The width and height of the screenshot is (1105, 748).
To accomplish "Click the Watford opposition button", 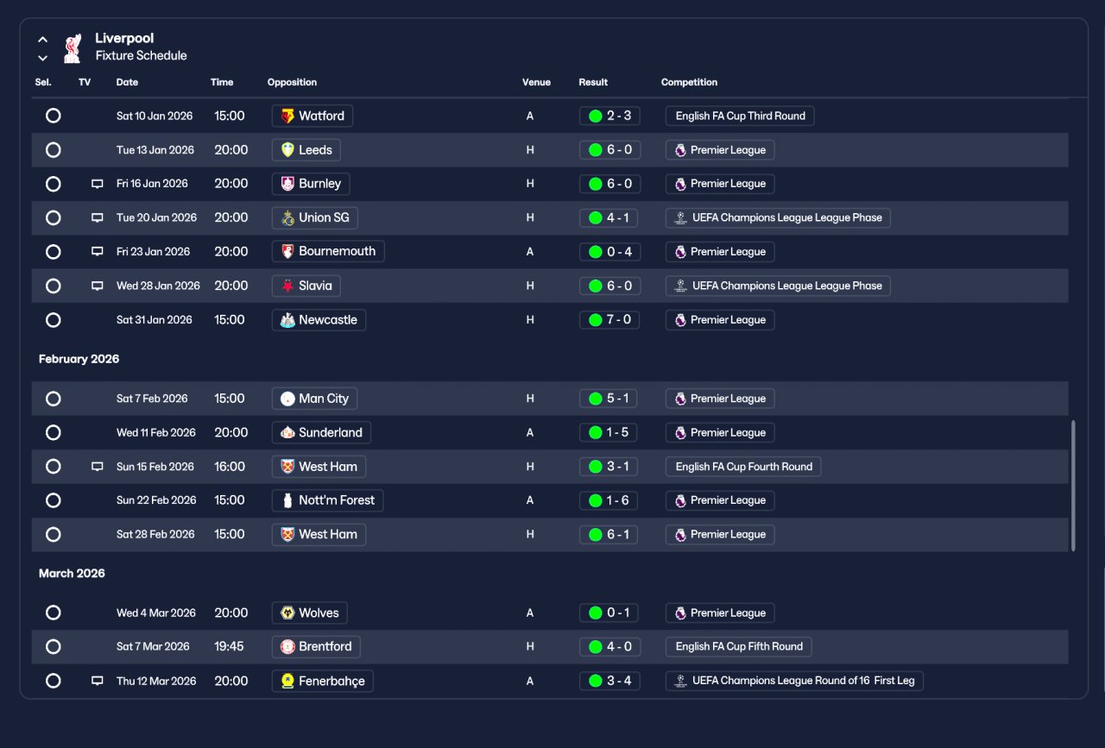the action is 313,116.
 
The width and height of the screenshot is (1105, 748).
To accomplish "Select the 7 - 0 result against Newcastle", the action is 609,320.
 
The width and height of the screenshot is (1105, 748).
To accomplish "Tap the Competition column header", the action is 689,82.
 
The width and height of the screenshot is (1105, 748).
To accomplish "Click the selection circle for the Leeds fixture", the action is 54,150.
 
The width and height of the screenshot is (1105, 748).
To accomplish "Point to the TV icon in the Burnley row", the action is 98,184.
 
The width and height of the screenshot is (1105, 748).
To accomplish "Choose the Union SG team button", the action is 315,217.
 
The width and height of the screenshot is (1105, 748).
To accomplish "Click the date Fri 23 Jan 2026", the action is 153,251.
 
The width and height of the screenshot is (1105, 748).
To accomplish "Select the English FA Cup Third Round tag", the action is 740,116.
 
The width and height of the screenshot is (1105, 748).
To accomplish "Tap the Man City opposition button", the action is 314,399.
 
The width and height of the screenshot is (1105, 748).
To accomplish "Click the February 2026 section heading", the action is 79,359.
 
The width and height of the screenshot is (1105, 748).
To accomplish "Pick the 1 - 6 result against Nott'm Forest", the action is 609,500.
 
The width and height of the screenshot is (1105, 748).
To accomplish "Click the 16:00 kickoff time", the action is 230,467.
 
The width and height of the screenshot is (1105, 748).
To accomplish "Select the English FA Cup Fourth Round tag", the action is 743,467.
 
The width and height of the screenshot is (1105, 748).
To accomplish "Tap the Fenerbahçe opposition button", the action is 323,681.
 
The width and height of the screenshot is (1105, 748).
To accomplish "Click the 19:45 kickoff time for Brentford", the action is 229,646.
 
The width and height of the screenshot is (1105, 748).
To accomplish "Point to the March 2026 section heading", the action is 72,574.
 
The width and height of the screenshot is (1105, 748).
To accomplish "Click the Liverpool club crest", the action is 73,47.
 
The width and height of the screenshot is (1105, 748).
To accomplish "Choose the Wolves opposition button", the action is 309,613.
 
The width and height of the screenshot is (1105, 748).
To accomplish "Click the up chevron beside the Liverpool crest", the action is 43,40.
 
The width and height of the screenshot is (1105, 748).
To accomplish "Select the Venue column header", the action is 536,82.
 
